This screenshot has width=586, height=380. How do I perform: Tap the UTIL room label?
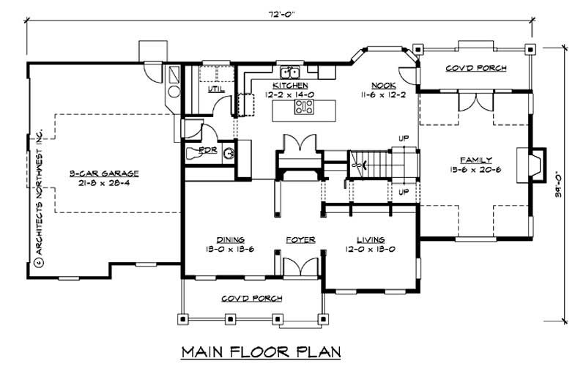[x=216, y=89]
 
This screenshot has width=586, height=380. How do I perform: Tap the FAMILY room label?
[x=475, y=160]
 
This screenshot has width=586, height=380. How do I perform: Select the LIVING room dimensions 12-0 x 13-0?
[x=371, y=248]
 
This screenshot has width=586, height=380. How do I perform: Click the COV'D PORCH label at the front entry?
[x=252, y=299]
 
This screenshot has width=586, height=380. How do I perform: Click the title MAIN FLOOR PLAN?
[x=262, y=353]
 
